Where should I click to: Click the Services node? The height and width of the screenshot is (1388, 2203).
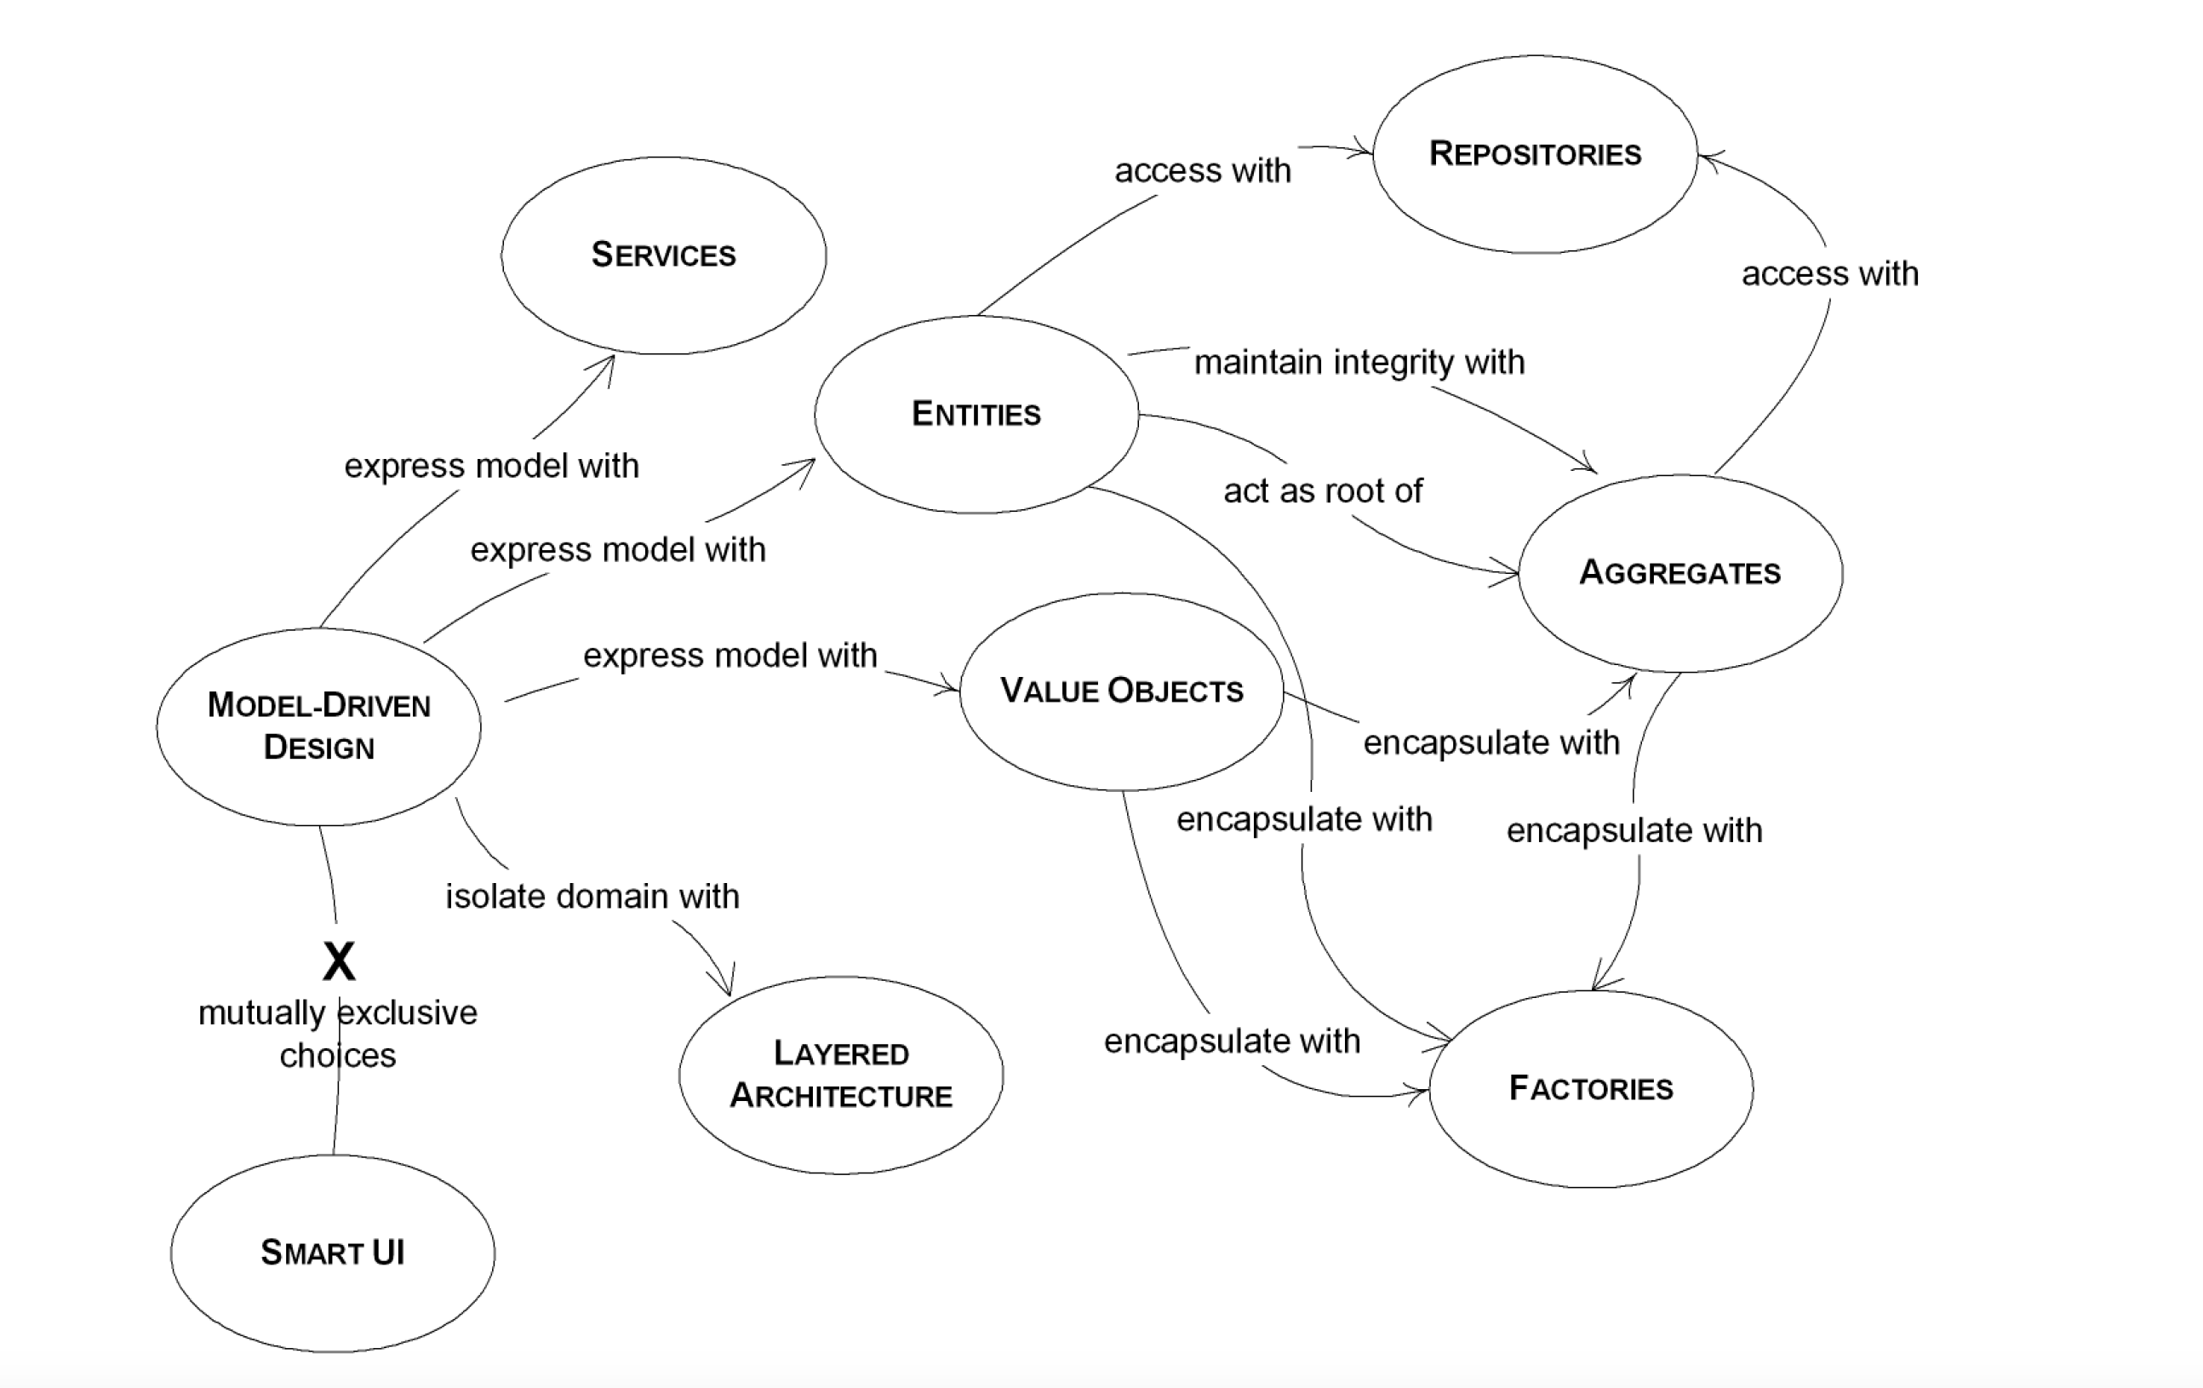pyautogui.click(x=663, y=255)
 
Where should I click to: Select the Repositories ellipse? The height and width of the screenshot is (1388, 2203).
pyautogui.click(x=1535, y=154)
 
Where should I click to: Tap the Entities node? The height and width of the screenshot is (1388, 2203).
pyautogui.click(x=976, y=415)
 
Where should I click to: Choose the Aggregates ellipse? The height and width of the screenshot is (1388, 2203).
pyautogui.click(x=1679, y=573)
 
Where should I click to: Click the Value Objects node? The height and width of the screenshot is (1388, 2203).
pyautogui.click(x=1122, y=691)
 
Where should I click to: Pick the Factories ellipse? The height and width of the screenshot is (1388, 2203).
pyautogui.click(x=1591, y=1089)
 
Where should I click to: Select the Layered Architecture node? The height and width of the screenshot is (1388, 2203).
pyautogui.click(x=841, y=1075)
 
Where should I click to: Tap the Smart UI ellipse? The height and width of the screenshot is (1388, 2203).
pyautogui.click(x=332, y=1253)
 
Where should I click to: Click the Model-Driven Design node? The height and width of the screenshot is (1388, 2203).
pyautogui.click(x=318, y=726)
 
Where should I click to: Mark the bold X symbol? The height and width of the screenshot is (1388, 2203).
pyautogui.click(x=339, y=961)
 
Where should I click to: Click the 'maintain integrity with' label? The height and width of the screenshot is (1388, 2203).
pyautogui.click(x=1359, y=362)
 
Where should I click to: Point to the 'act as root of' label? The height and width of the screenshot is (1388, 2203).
pyautogui.click(x=1323, y=491)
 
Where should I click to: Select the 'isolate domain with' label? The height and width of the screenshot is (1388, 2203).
pyautogui.click(x=592, y=897)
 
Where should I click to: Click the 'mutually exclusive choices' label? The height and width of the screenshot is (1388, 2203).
pyautogui.click(x=338, y=1034)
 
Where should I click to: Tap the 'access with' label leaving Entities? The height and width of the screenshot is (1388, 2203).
pyautogui.click(x=1202, y=171)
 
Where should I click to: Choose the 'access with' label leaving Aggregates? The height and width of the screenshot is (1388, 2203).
pyautogui.click(x=1830, y=273)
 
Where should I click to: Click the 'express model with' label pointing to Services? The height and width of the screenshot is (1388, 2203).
pyautogui.click(x=491, y=467)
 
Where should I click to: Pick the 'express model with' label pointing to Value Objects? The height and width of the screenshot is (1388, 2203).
pyautogui.click(x=730, y=656)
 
